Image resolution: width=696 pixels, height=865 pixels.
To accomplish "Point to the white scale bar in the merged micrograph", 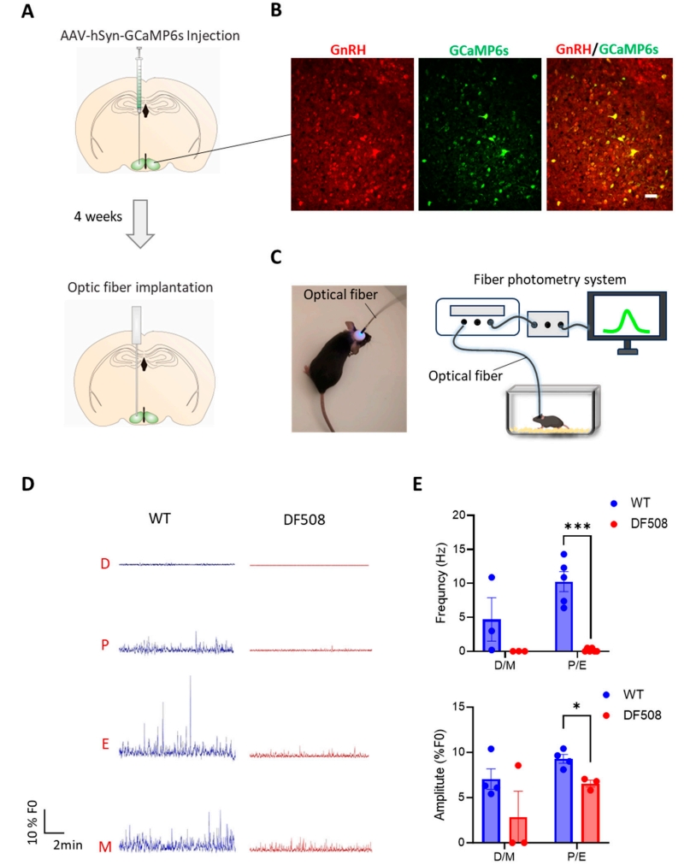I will [651, 197].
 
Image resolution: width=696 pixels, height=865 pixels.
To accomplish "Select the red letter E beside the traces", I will [105, 744].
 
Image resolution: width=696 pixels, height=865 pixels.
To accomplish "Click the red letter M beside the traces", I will [105, 846].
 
